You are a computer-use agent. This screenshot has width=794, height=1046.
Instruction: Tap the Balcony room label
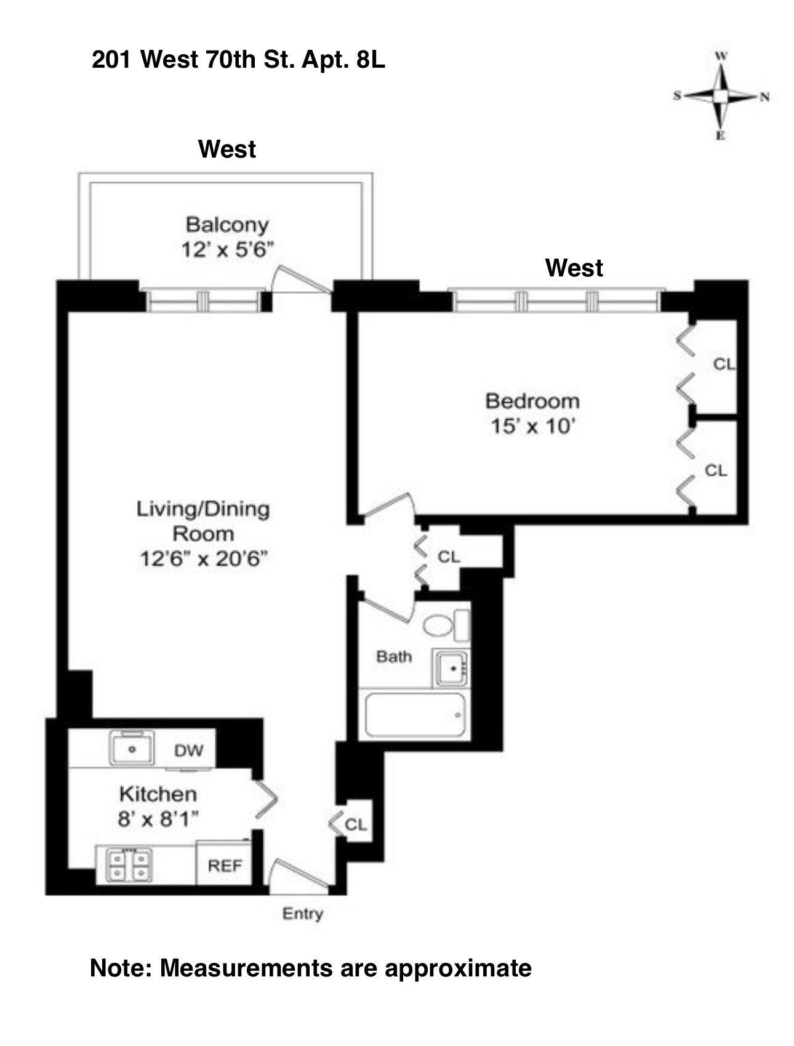click(x=227, y=225)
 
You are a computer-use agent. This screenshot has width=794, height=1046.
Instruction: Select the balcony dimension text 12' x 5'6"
click(x=227, y=249)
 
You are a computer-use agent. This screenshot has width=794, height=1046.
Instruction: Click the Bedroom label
click(x=532, y=401)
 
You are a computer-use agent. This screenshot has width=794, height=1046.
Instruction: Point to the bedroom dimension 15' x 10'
click(x=532, y=425)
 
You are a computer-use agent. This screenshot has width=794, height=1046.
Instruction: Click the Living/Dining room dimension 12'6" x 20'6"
click(x=203, y=558)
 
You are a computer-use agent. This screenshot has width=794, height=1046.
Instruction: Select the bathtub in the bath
click(x=416, y=715)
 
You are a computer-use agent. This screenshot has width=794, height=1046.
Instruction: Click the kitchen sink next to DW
click(x=132, y=748)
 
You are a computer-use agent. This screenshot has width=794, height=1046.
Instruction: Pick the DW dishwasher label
click(x=188, y=750)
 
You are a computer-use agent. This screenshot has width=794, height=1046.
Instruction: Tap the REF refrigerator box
click(x=224, y=866)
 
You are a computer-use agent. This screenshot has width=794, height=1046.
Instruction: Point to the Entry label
click(x=302, y=914)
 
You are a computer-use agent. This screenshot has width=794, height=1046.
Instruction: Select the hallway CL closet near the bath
click(x=449, y=557)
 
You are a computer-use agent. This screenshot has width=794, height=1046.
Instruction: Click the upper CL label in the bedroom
click(x=724, y=364)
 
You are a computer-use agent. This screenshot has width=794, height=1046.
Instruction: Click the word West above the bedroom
click(x=574, y=268)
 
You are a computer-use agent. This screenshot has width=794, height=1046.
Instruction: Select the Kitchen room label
click(x=158, y=794)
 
